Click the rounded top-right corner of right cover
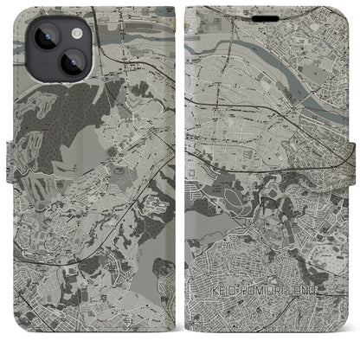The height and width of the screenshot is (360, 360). (x=345, y=12)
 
